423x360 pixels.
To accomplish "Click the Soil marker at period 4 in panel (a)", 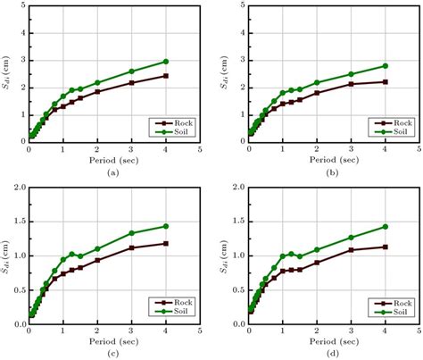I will [x=166, y=62].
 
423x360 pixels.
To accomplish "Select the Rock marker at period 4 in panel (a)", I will [x=166, y=76].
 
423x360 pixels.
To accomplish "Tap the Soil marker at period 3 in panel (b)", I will [x=351, y=74].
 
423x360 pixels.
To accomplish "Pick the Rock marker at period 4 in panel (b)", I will [x=386, y=81].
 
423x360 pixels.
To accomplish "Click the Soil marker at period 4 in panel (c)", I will [x=166, y=226].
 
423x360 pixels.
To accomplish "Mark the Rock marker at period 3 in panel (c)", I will [x=131, y=247].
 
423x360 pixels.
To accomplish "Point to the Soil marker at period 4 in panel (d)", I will [x=386, y=227].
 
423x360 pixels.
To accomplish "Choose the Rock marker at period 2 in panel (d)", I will [x=317, y=263].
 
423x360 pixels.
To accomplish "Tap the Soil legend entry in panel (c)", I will [x=173, y=312].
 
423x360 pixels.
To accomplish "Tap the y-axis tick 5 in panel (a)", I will [x=20, y=7].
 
